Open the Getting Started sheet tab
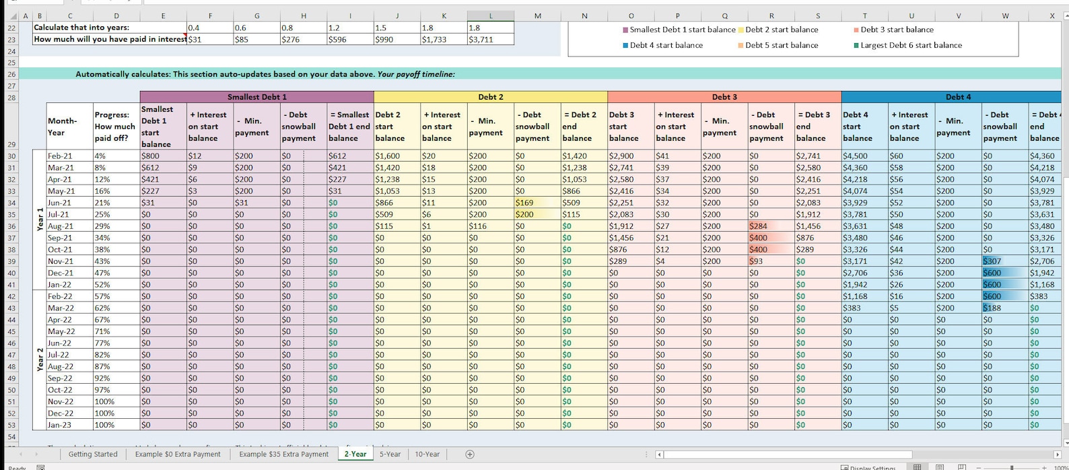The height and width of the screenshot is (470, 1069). (x=93, y=454)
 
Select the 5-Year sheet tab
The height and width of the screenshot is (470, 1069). (x=390, y=454)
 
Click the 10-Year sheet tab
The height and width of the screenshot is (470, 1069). (x=427, y=454)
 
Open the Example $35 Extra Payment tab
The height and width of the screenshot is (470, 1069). (x=283, y=454)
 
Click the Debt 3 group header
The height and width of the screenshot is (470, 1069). (x=724, y=97)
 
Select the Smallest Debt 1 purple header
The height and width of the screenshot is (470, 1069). (x=256, y=97)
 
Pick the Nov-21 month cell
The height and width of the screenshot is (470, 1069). (x=61, y=261)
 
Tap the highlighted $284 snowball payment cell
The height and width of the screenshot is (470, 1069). (x=758, y=226)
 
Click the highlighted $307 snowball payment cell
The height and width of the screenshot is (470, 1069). (x=992, y=261)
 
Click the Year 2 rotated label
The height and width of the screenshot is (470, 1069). (x=40, y=360)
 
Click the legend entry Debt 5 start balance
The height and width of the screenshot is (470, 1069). (x=781, y=45)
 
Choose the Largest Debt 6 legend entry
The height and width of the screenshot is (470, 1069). (x=911, y=45)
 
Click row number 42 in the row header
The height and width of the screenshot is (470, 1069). (x=11, y=296)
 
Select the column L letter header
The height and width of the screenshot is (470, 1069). (x=490, y=16)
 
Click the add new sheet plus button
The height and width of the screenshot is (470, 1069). (x=470, y=455)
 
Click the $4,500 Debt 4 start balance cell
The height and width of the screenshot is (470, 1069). (x=855, y=156)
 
